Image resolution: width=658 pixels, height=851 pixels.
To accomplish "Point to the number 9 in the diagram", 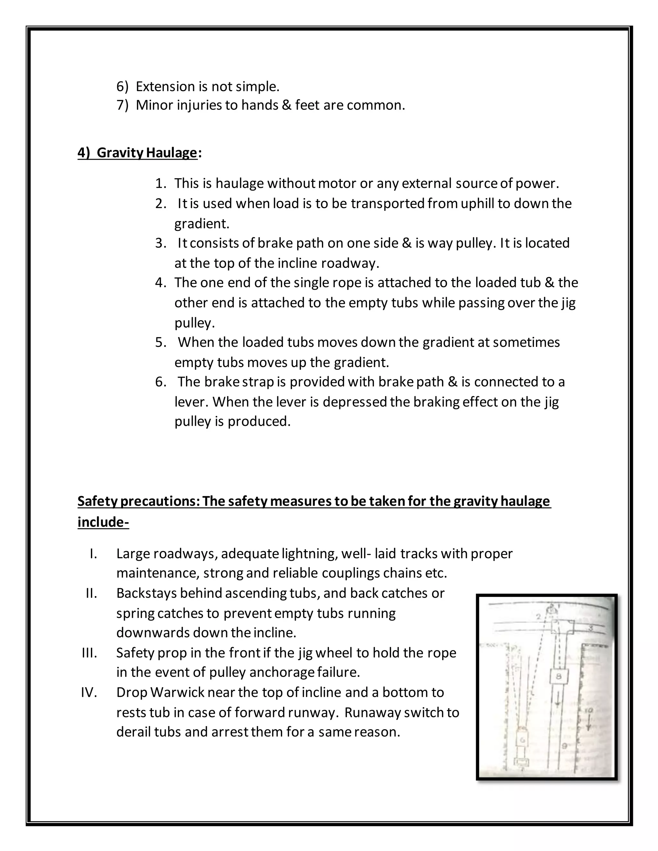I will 565,745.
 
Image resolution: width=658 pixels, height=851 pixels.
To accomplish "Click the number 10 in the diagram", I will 589,710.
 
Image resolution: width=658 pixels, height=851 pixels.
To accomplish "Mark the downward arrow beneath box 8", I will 557,701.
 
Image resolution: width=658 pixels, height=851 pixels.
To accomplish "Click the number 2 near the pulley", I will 538,617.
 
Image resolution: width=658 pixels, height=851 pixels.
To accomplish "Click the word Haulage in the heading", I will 172,153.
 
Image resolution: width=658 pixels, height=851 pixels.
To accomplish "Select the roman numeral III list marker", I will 89,653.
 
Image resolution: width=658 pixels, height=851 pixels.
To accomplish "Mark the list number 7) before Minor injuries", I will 122,105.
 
